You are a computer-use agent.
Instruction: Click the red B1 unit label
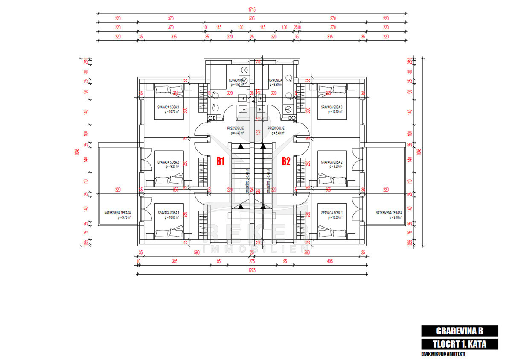click(x=220, y=161)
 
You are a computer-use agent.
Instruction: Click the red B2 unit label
click(x=286, y=161)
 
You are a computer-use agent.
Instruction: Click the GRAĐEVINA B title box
click(x=460, y=331)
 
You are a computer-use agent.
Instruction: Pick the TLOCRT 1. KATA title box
click(x=460, y=344)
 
